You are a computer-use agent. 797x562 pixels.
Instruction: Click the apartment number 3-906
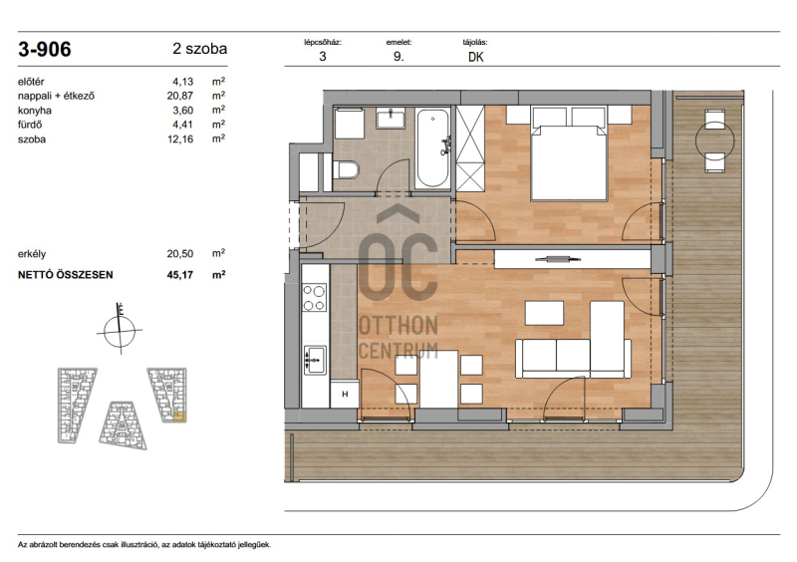45,50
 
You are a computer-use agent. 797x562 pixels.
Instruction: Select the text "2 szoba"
200,49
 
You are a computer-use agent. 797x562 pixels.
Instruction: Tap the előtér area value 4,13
183,82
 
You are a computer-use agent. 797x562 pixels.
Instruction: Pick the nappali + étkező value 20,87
180,96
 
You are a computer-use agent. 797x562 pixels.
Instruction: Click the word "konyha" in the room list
35,111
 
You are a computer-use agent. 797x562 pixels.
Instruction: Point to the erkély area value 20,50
180,254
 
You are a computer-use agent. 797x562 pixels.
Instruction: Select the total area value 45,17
180,275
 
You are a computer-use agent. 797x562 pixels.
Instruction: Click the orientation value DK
476,57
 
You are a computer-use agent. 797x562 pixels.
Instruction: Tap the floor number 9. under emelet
398,57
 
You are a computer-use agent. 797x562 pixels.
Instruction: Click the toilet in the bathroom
346,169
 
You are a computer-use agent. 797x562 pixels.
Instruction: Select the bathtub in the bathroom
433,148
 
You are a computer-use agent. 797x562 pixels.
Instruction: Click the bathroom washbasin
391,118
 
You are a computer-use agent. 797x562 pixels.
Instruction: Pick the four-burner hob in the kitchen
314,298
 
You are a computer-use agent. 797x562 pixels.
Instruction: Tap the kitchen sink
315,360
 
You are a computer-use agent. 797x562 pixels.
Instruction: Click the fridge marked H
344,395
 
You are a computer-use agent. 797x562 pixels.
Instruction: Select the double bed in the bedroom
569,153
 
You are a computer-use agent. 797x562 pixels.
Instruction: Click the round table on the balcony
714,140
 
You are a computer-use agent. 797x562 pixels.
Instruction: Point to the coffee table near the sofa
544,313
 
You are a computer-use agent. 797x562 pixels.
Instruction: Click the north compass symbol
120,330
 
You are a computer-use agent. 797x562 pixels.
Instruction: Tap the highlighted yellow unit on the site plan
180,418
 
